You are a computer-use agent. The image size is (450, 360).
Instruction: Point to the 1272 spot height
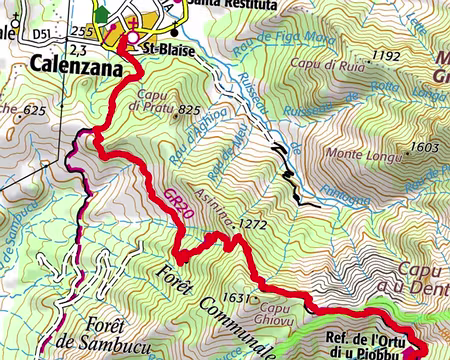click(x=254, y=225)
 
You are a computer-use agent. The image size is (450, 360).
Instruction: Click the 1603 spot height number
click(x=425, y=147)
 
